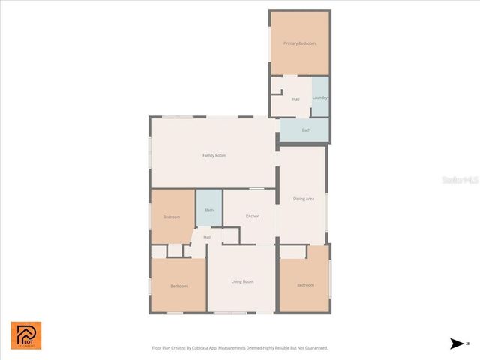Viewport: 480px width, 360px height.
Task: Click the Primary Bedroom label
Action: pos(299,44)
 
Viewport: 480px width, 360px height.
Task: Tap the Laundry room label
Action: pos(319,97)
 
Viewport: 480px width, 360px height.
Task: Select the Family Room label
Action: pos(214,155)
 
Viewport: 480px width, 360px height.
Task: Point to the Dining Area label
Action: pos(304,199)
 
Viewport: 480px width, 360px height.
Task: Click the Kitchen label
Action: pos(253,217)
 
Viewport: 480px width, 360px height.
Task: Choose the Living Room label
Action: pos(242,281)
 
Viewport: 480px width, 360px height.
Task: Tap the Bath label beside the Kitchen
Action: pos(209,211)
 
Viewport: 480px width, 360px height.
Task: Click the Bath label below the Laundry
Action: pos(306,130)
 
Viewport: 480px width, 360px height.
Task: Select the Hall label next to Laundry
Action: pos(296,99)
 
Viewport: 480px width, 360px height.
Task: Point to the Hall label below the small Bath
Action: pos(206,238)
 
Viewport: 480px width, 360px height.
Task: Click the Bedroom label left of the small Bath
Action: pos(172,217)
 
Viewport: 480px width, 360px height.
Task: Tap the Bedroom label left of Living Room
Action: pos(178,286)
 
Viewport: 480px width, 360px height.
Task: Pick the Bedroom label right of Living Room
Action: pos(305,285)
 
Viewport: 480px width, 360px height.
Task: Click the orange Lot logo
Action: pos(26,335)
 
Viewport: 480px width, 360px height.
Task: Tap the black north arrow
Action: pos(457,343)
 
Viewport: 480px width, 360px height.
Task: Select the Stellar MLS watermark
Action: pos(459,181)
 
